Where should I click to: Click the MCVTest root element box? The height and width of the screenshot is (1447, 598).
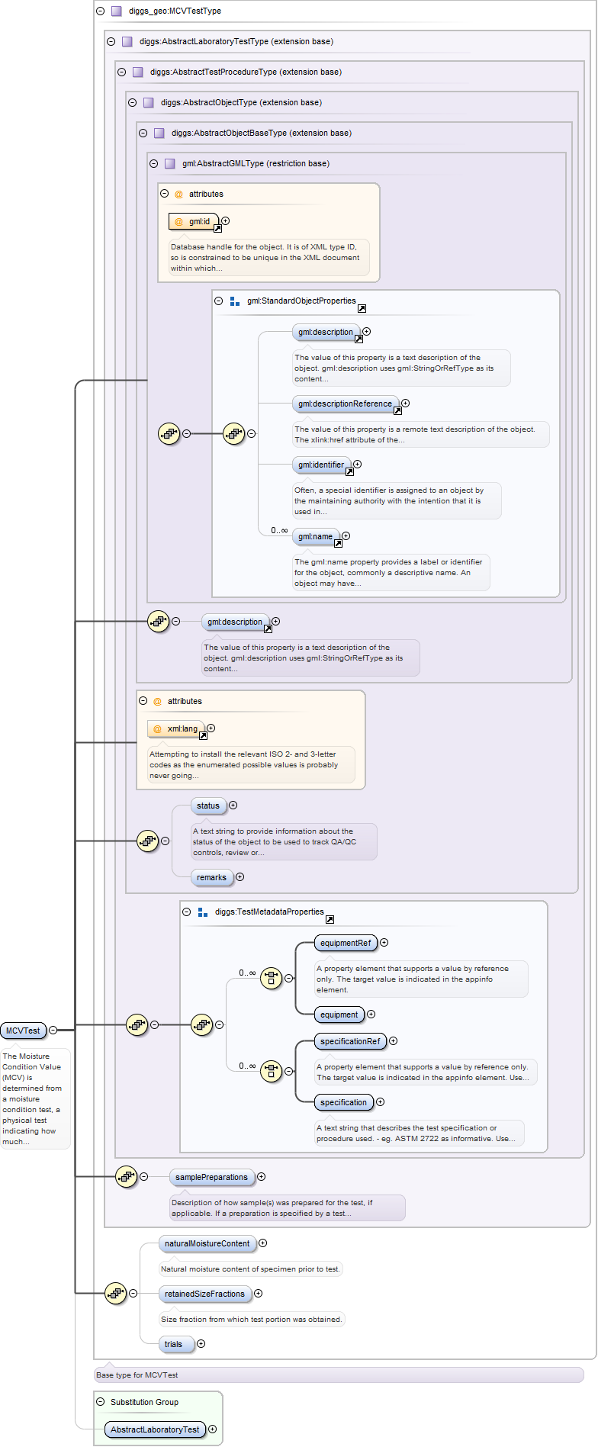pyautogui.click(x=23, y=1031)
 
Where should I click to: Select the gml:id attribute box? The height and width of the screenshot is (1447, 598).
pyautogui.click(x=194, y=221)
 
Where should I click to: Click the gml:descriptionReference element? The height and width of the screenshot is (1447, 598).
pyautogui.click(x=345, y=404)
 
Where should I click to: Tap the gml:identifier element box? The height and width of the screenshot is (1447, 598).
pyautogui.click(x=321, y=465)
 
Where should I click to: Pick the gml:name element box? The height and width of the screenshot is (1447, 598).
pyautogui.click(x=315, y=536)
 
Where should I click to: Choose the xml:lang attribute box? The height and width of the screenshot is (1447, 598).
pyautogui.click(x=176, y=728)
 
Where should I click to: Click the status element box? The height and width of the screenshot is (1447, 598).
pyautogui.click(x=207, y=805)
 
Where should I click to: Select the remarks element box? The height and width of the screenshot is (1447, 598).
pyautogui.click(x=211, y=877)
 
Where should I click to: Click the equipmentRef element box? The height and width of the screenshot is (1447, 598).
pyautogui.click(x=346, y=943)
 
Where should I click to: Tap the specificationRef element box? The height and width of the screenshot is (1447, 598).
pyautogui.click(x=350, y=1041)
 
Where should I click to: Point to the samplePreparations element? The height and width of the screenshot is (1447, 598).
pyautogui.click(x=211, y=1177)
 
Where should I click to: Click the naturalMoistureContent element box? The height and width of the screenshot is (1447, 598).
pyautogui.click(x=207, y=1243)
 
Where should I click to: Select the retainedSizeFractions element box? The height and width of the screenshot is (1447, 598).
pyautogui.click(x=204, y=1294)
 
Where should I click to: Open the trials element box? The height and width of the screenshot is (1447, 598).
pyautogui.click(x=173, y=1344)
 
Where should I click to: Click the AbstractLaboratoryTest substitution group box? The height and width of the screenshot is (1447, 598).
pyautogui.click(x=155, y=1429)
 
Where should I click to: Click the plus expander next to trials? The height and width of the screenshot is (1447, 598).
pyautogui.click(x=201, y=1344)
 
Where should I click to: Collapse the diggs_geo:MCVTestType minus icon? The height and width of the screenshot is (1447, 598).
pyautogui.click(x=100, y=11)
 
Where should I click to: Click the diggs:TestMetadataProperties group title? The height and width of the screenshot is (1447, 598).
pyautogui.click(x=269, y=912)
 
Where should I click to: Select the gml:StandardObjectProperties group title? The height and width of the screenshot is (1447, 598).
pyautogui.click(x=301, y=301)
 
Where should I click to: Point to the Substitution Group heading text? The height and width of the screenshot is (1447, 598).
pyautogui.click(x=144, y=1402)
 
